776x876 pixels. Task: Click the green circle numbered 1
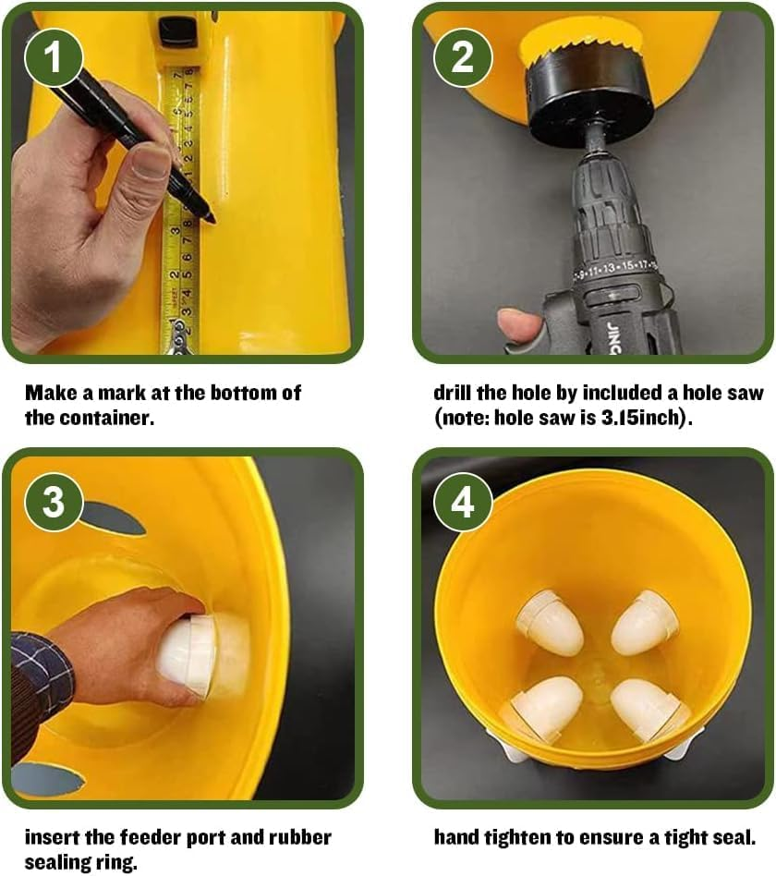[53, 56]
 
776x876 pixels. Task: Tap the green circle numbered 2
[462, 56]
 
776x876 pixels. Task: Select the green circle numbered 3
[53, 502]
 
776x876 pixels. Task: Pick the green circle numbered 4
[462, 502]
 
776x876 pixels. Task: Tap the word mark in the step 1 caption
[115, 392]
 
